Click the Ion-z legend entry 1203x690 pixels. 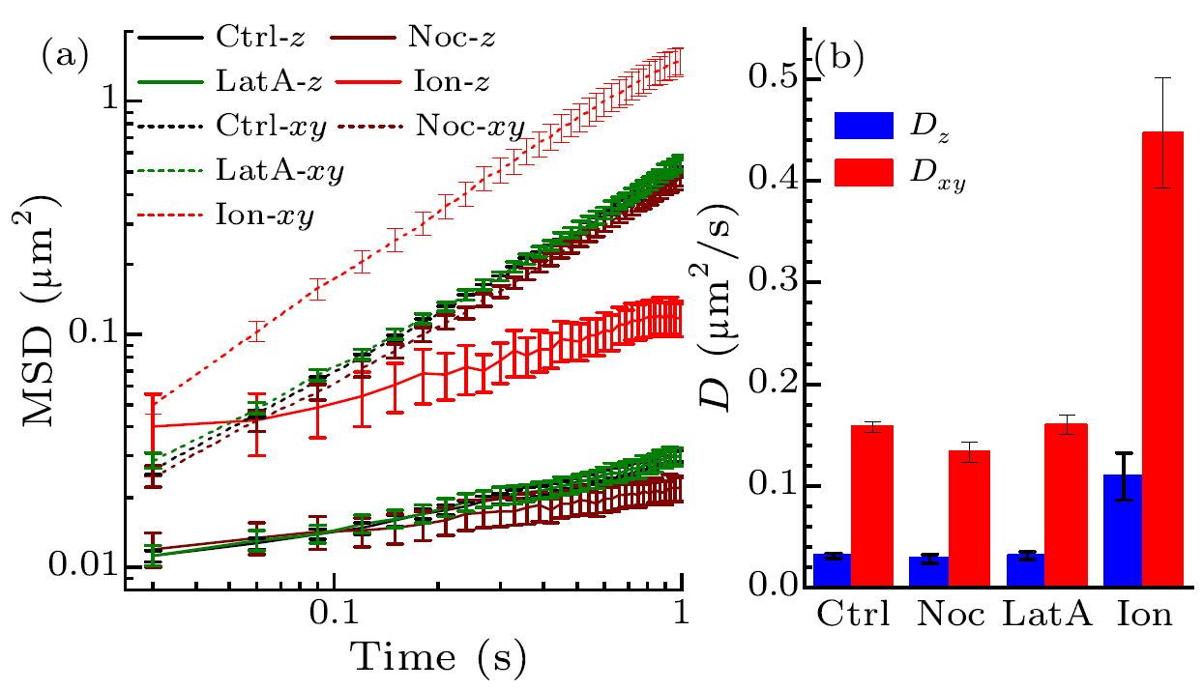pyautogui.click(x=415, y=83)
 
